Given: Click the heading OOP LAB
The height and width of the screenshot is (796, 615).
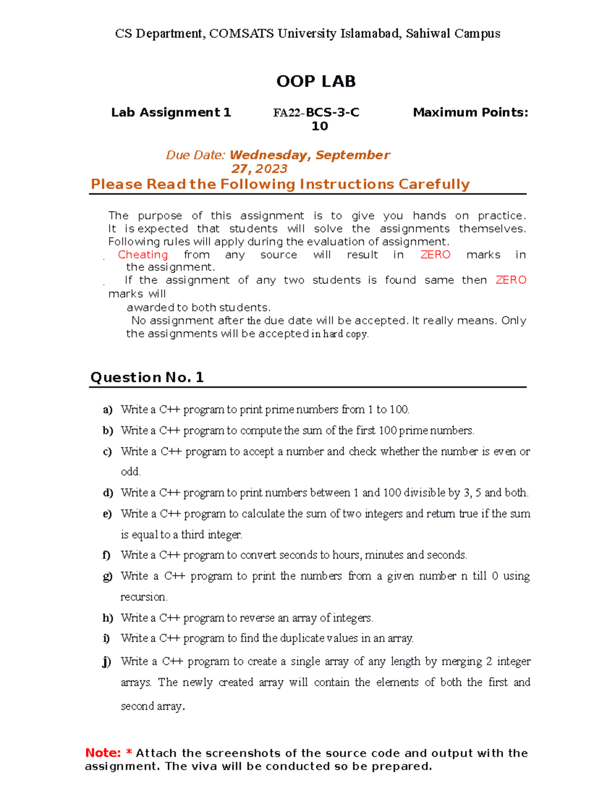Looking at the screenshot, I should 316,81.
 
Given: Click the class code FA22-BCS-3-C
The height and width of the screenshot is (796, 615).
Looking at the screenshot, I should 316,112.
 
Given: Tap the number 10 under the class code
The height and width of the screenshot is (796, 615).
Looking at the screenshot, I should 319,126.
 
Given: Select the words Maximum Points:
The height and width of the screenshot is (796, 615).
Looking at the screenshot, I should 470,112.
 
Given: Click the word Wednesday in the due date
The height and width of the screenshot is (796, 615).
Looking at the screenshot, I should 268,155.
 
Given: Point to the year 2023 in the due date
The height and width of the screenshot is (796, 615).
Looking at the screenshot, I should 271,169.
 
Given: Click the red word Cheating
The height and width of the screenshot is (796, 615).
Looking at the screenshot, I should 142,255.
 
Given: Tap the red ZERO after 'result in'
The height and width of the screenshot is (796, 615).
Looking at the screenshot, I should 435,255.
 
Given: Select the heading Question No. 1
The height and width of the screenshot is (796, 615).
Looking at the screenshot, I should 147,378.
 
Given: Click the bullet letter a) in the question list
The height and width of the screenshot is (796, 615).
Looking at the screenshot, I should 107,410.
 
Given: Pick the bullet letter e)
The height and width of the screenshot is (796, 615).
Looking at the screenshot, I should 107,514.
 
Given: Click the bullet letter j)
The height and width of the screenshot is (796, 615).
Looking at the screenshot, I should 106,662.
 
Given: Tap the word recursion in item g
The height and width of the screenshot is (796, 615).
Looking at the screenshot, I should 143,597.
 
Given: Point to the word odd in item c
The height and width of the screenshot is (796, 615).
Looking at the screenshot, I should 130,472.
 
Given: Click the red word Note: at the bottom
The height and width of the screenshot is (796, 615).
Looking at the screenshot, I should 103,753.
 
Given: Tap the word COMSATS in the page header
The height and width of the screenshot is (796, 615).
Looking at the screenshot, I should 241,34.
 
